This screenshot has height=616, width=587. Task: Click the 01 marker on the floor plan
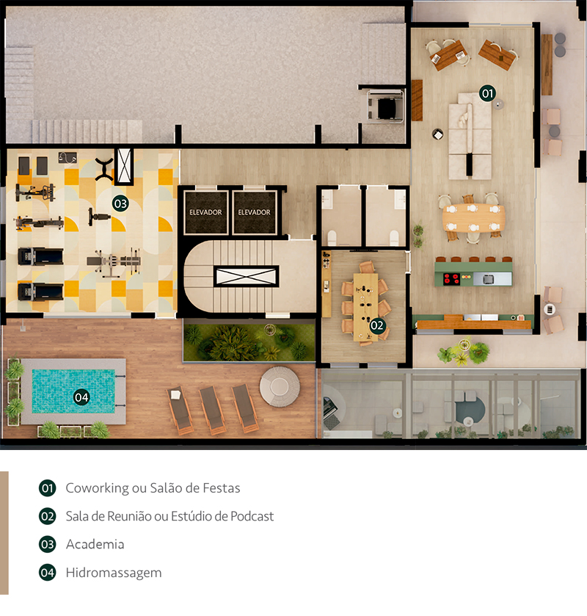coord(487,93)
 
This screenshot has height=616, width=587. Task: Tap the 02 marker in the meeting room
coord(377,325)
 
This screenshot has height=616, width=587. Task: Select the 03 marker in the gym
coord(120,203)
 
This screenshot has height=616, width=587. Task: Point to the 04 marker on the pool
coord(81,397)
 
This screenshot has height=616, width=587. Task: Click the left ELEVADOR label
coord(205,212)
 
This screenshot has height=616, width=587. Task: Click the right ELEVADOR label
coord(255,212)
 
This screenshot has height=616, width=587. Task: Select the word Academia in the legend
coord(95,544)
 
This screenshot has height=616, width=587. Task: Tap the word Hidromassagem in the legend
coord(114,573)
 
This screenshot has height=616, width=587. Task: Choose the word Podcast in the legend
coord(252,516)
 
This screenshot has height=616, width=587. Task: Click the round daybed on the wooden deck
coord(280,387)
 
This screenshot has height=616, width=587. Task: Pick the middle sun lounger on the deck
coord(212,410)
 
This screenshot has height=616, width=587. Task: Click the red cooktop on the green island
coord(451,279)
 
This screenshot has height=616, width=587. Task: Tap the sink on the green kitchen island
coord(488,279)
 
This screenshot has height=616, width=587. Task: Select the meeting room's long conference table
coord(365,307)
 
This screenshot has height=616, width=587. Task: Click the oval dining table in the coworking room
coord(473,217)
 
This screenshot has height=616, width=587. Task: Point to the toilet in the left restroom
coord(332,238)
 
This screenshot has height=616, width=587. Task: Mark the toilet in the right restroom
coord(394,238)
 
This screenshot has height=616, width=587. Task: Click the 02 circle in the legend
coord(48,516)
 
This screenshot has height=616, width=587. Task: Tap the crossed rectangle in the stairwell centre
coord(247,276)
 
